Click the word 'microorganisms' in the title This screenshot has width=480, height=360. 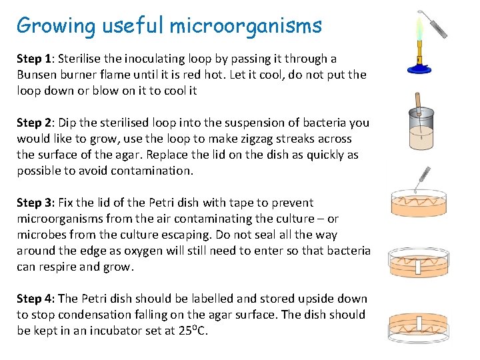[245, 26]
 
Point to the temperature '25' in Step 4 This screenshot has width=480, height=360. [184, 331]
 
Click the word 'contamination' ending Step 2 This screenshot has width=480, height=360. [149, 171]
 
